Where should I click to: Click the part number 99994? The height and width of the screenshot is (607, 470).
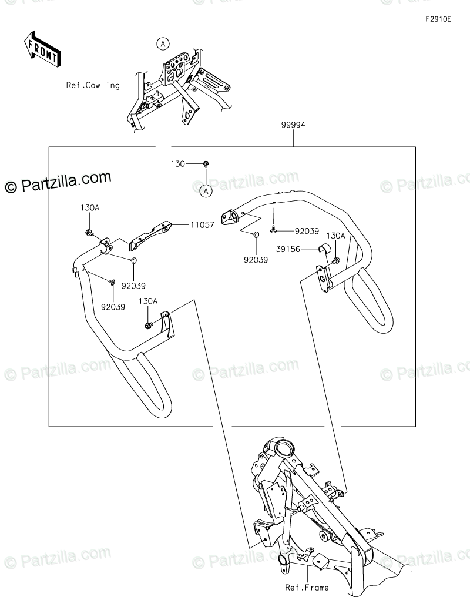tap(293, 125)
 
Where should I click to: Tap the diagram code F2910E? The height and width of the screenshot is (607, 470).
tap(438, 19)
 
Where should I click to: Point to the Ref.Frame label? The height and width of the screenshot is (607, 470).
tap(307, 587)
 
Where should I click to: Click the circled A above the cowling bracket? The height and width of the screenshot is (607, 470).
tap(162, 43)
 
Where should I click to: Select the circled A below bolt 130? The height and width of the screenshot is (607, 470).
tap(206, 190)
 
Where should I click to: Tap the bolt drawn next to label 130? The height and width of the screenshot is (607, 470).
tap(206, 164)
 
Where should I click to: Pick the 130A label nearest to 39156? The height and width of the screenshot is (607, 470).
tap(335, 236)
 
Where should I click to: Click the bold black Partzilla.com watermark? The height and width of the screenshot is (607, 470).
tap(58, 183)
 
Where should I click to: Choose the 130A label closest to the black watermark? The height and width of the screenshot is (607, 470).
tap(90, 207)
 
